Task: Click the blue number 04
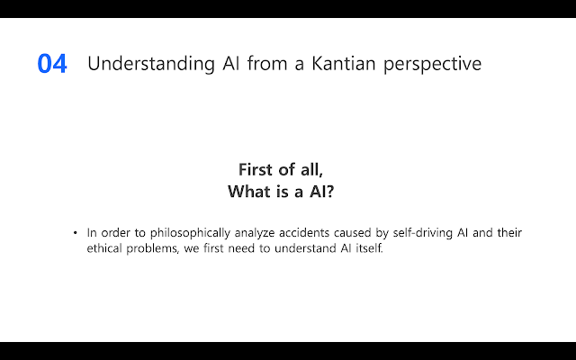[52, 64]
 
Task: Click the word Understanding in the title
[151, 64]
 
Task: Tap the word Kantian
[344, 63]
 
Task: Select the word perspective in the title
[432, 64]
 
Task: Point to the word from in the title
[267, 63]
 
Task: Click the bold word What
[249, 191]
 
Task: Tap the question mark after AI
[330, 192]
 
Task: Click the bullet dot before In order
[76, 232]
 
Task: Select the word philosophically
[190, 233]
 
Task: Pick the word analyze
[255, 233]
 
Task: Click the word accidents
[304, 232]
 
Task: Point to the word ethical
[104, 248]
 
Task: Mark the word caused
[352, 232]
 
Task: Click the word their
[509, 232]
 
